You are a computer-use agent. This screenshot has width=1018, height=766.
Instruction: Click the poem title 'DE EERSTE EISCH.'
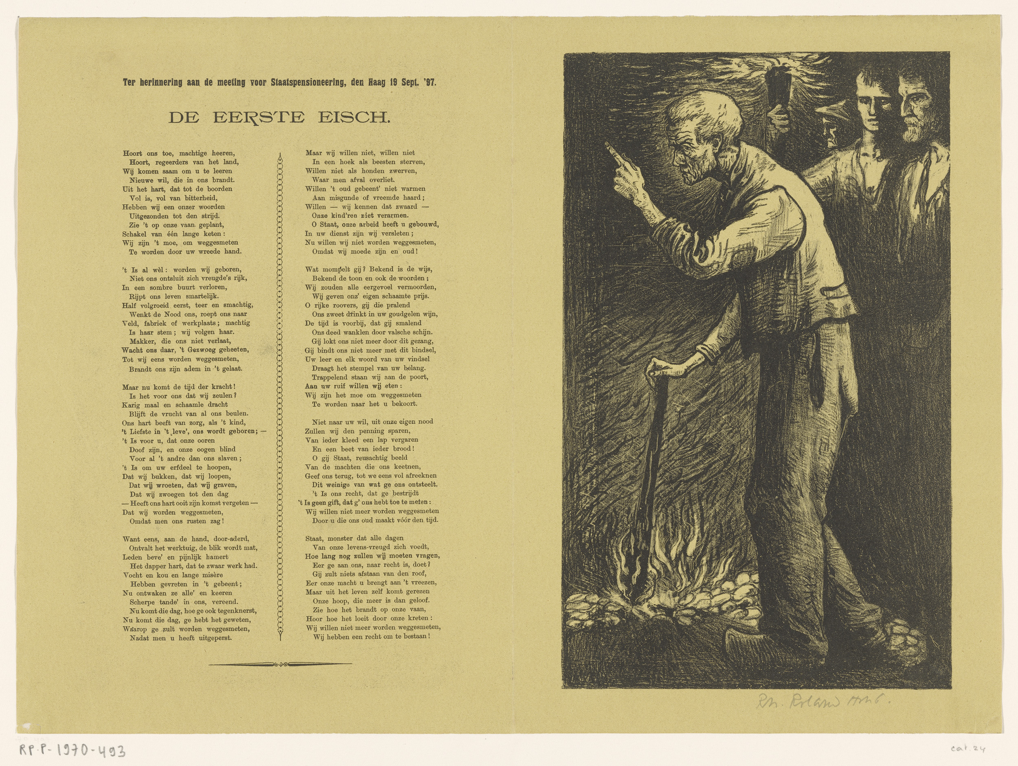(x=279, y=118)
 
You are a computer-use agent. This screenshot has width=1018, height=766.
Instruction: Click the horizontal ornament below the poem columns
(x=280, y=664)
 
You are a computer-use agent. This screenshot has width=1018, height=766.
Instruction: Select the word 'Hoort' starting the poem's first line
(x=132, y=153)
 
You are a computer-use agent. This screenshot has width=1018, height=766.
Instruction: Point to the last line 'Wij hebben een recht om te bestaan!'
(x=371, y=637)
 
